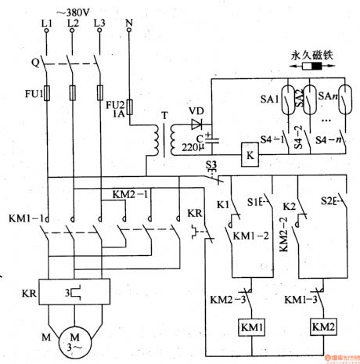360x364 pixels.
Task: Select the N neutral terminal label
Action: click(x=130, y=26)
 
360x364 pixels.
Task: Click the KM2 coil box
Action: click(x=323, y=325)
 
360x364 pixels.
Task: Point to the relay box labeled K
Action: click(x=250, y=155)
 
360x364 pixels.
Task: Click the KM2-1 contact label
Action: click(x=128, y=193)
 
